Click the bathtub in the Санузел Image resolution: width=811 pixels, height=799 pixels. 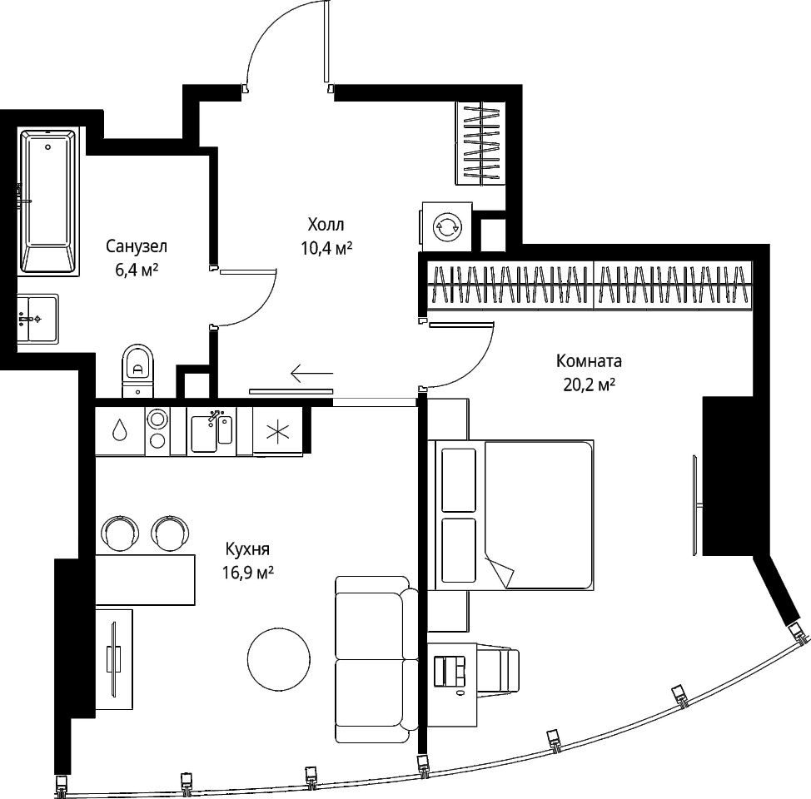click(x=48, y=201)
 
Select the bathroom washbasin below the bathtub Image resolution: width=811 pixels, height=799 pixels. click(x=37, y=319)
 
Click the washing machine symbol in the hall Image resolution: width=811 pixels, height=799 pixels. click(x=445, y=226)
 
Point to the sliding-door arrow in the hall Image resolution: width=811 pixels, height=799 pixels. click(x=312, y=372)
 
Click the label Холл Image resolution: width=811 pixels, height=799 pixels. click(x=326, y=225)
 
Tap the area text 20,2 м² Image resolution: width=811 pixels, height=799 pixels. click(x=590, y=385)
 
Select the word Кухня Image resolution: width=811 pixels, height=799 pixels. click(x=247, y=548)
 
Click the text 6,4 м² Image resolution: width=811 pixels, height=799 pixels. click(x=137, y=270)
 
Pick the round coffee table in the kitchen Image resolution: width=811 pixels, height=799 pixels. click(x=279, y=658)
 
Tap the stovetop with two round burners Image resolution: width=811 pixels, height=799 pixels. click(x=157, y=430)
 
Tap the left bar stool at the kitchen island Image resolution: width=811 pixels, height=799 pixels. click(x=121, y=533)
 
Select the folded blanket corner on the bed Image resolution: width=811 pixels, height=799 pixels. click(x=499, y=571)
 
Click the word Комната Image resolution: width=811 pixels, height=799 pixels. click(x=590, y=361)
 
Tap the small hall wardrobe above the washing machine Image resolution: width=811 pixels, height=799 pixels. click(x=480, y=142)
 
